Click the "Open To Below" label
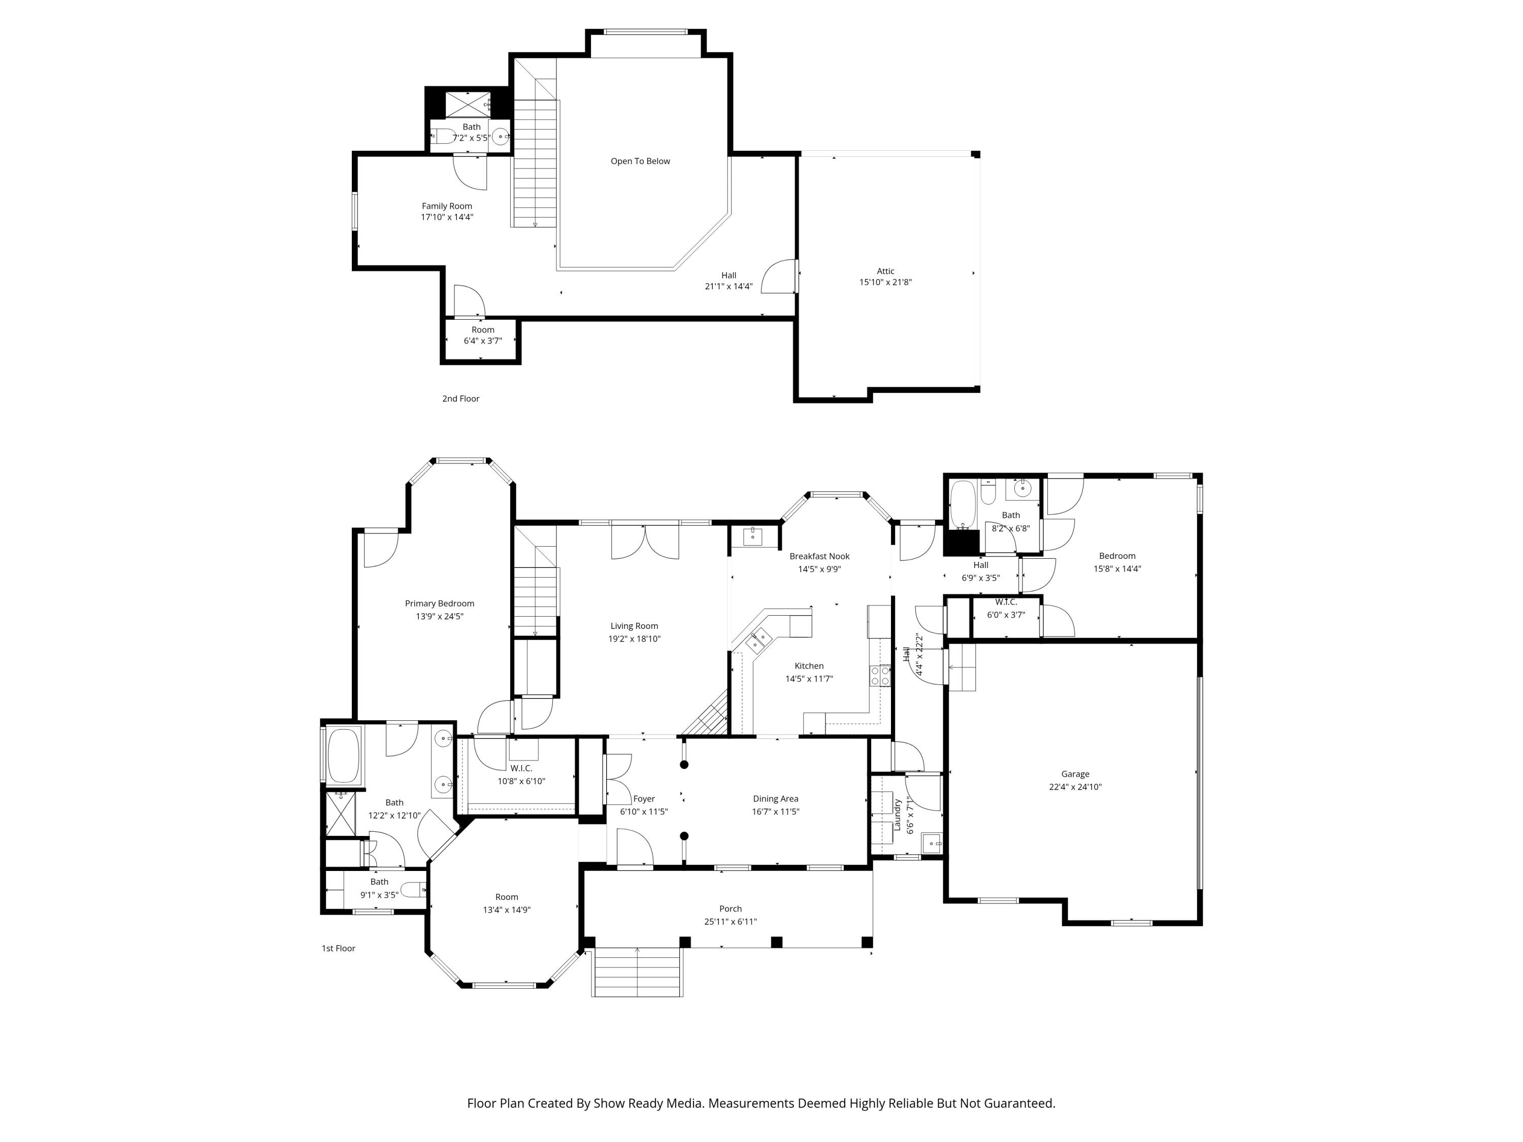tap(640, 161)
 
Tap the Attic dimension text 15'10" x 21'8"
tap(885, 282)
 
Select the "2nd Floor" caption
tap(460, 398)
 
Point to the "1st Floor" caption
tap(338, 948)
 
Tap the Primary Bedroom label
tap(439, 603)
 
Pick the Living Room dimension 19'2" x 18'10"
tap(634, 639)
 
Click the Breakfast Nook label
tap(819, 556)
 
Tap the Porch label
tap(731, 909)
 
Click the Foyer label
tap(644, 799)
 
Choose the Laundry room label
tap(898, 815)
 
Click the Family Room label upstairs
tap(447, 206)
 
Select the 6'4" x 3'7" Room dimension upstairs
tap(483, 341)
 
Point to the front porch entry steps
tap(638, 972)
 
